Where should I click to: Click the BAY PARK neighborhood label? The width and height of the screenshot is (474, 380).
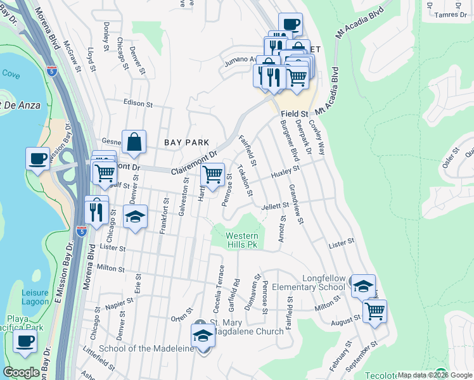coord(182,143)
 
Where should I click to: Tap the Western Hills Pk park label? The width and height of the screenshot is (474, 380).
coord(243,240)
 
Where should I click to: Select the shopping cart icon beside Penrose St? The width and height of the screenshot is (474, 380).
coord(213,174)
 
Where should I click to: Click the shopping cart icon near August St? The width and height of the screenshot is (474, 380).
coord(375,310)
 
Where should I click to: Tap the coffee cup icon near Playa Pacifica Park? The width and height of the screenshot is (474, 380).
coord(25,341)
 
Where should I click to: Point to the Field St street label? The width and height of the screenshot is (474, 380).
coord(295,114)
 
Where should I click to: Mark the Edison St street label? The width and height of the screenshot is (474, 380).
coord(139,103)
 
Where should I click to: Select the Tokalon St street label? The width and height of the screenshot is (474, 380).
coord(245,180)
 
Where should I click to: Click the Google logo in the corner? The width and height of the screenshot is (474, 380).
coord(22,372)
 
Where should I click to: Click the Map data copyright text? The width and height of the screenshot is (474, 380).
coord(434,375)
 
